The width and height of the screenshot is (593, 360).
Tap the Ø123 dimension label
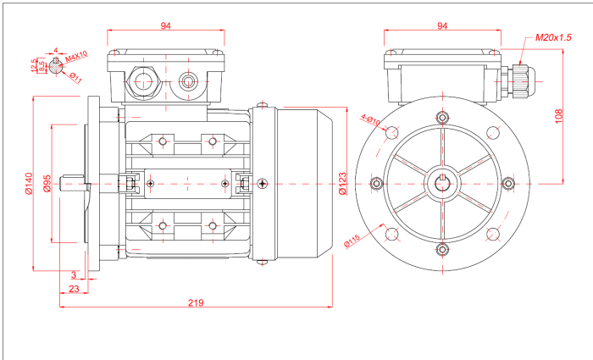pyautogui.click(x=342, y=183)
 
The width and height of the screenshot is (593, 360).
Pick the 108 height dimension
pyautogui.click(x=559, y=116)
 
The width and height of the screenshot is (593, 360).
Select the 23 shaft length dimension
pyautogui.click(x=74, y=289)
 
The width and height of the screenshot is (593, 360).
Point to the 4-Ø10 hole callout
pyautogui.click(x=370, y=119)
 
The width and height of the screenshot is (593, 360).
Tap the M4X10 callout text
pyautogui.click(x=77, y=57)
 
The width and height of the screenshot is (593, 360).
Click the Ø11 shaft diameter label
pyautogui.click(x=75, y=78)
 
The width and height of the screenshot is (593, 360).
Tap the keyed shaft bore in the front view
pyautogui.click(x=442, y=182)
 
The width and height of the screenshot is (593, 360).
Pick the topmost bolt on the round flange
pyautogui.click(x=442, y=117)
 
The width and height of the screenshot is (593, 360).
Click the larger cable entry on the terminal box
pyautogui.click(x=142, y=82)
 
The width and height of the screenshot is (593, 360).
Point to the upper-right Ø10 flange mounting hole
pyautogui.click(x=493, y=131)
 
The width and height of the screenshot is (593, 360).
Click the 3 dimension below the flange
pyautogui.click(x=74, y=274)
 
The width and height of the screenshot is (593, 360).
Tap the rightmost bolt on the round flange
pyautogui.click(x=507, y=182)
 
